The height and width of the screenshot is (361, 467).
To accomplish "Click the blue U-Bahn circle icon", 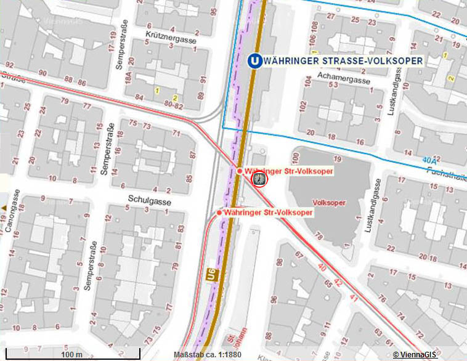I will click(x=253, y=61).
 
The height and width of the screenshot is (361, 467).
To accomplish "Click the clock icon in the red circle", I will click(x=260, y=179).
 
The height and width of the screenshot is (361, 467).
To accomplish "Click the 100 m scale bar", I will click(x=71, y=354).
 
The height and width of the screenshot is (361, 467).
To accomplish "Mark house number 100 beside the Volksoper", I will click(x=296, y=157).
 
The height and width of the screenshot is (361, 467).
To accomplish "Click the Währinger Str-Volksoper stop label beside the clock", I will click(x=288, y=171).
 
